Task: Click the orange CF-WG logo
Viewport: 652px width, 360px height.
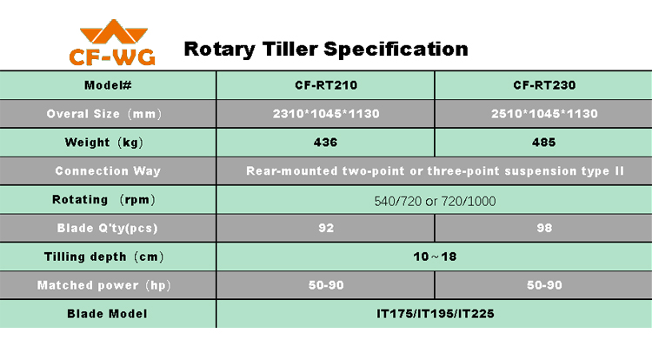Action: coord(112,43)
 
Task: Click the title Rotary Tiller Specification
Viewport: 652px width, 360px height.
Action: coord(326,49)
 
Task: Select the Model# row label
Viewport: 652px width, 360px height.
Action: coord(108,85)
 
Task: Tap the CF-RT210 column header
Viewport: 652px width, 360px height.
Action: coord(326,85)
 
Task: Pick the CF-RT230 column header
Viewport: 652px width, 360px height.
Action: coord(544,85)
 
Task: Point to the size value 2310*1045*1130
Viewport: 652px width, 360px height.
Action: coord(326,114)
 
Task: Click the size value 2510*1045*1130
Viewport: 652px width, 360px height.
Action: coord(544,114)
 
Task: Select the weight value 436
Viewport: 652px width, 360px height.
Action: coord(326,142)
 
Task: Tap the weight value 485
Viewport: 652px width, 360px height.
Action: coord(544,142)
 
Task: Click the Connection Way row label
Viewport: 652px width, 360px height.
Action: coord(108,170)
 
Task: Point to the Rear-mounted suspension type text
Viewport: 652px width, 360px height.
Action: coord(435,170)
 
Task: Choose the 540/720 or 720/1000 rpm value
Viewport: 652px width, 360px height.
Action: coord(435,201)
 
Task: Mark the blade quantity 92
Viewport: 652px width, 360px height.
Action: coord(326,228)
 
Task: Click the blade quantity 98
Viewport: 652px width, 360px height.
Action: coord(544,228)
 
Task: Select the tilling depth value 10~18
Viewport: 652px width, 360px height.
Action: coord(435,257)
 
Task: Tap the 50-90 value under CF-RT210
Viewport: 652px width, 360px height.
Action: coord(326,285)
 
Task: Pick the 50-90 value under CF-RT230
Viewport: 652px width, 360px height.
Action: coord(544,285)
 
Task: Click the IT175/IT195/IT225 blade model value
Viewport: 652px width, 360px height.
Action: coord(435,313)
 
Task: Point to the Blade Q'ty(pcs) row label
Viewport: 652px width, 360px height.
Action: coord(107,228)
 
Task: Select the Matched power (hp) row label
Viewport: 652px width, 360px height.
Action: coord(104,285)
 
